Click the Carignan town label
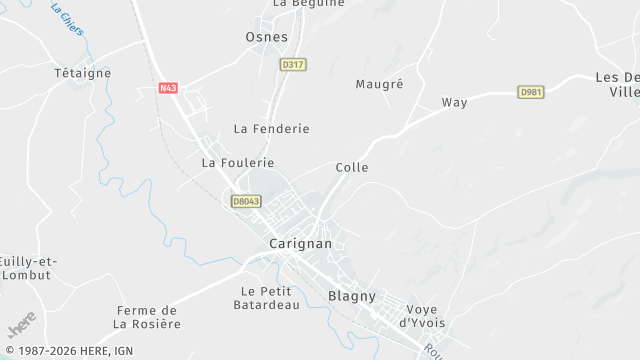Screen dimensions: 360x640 point(300,243)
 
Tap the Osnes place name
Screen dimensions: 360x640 point(266,37)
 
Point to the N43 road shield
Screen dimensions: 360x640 point(168,88)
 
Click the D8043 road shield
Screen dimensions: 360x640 point(246,201)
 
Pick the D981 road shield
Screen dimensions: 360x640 point(531,92)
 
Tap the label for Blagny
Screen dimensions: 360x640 point(351,296)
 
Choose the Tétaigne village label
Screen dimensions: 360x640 point(82,73)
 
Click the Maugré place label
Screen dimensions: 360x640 point(379,84)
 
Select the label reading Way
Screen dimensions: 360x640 point(454,102)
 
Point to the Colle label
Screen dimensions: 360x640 point(352,167)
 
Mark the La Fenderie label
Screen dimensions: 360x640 point(271,129)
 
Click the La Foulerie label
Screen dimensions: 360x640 point(238,162)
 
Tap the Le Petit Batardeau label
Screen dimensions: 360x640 point(270,298)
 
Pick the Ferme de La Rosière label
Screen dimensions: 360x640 point(147,317)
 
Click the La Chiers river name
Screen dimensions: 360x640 point(67,18)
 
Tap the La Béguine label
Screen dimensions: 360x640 point(308,3)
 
